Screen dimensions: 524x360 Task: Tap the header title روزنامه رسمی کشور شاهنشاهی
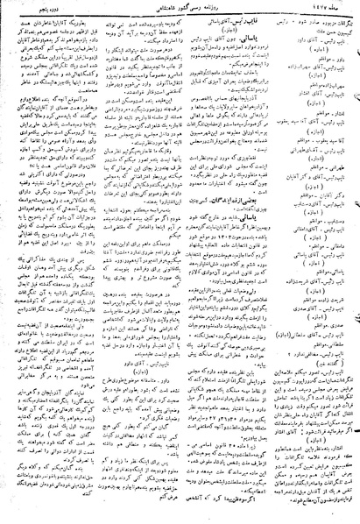pos(180,7)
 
